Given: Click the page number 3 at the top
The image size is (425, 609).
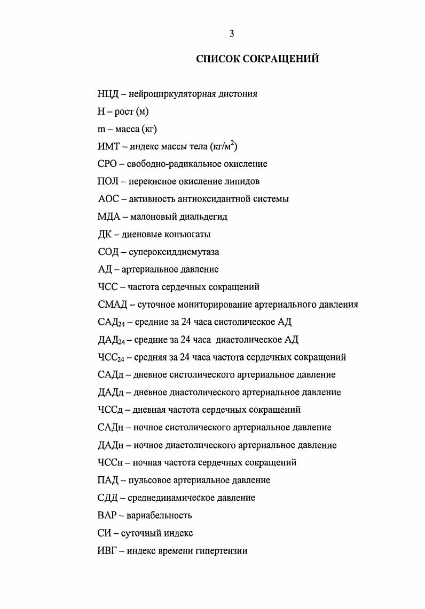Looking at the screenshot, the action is [x=232, y=34].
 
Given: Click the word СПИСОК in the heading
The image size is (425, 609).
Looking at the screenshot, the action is [x=218, y=59].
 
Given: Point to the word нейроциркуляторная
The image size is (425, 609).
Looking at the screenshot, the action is [x=167, y=94].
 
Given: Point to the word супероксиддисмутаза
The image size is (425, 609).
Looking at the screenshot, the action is [x=174, y=252].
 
